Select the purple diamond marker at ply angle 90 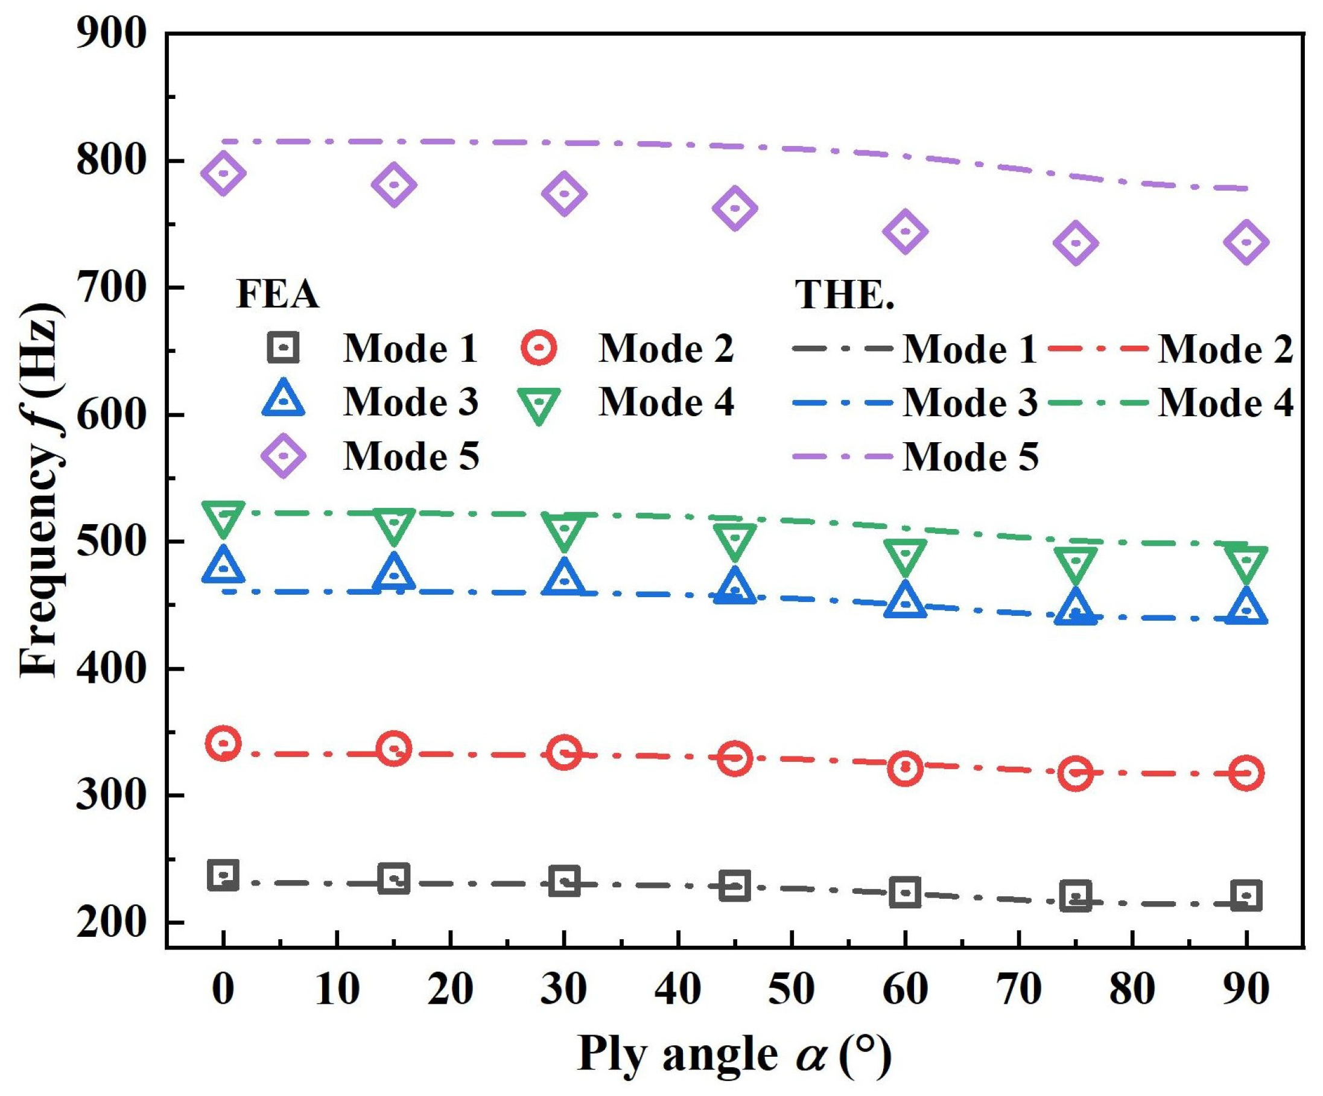[1246, 242]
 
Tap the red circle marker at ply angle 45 [735, 758]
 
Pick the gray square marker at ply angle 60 [906, 892]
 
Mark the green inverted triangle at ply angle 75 [1076, 563]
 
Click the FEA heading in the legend [277, 294]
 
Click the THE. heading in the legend [845, 294]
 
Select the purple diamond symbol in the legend [283, 455]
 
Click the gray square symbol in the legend [283, 347]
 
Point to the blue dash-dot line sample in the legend [843, 401]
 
